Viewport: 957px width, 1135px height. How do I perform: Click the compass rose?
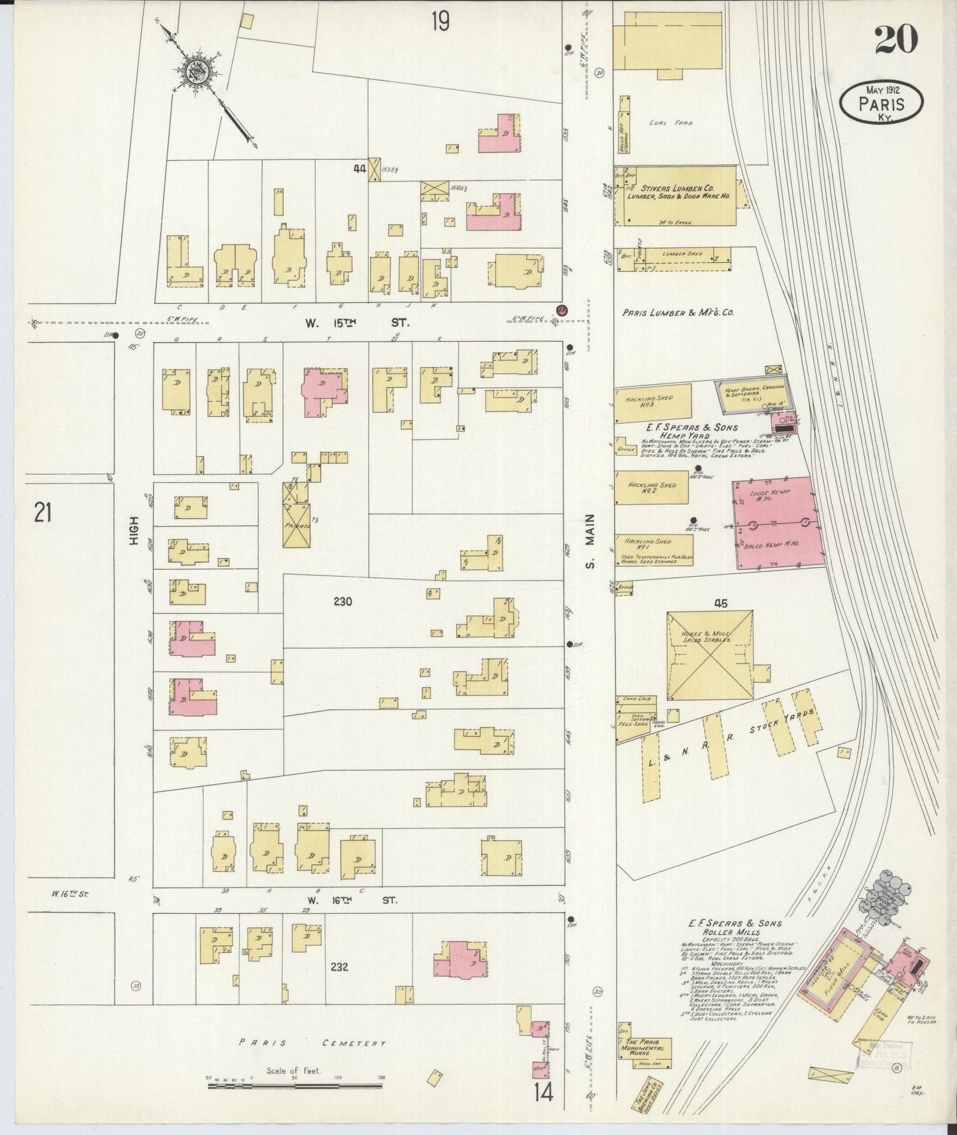tap(198, 69)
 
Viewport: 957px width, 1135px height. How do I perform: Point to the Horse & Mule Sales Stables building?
tap(709, 654)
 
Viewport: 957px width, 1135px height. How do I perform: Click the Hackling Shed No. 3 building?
tap(652, 403)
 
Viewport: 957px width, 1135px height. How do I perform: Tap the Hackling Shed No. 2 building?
tap(651, 487)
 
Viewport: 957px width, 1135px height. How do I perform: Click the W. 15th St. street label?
tap(356, 323)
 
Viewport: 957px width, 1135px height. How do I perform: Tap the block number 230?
tap(342, 601)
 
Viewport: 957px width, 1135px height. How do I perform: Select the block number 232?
tap(339, 967)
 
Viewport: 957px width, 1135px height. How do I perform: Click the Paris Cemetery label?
tap(313, 1043)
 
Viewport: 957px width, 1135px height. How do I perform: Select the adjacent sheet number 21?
tap(43, 513)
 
